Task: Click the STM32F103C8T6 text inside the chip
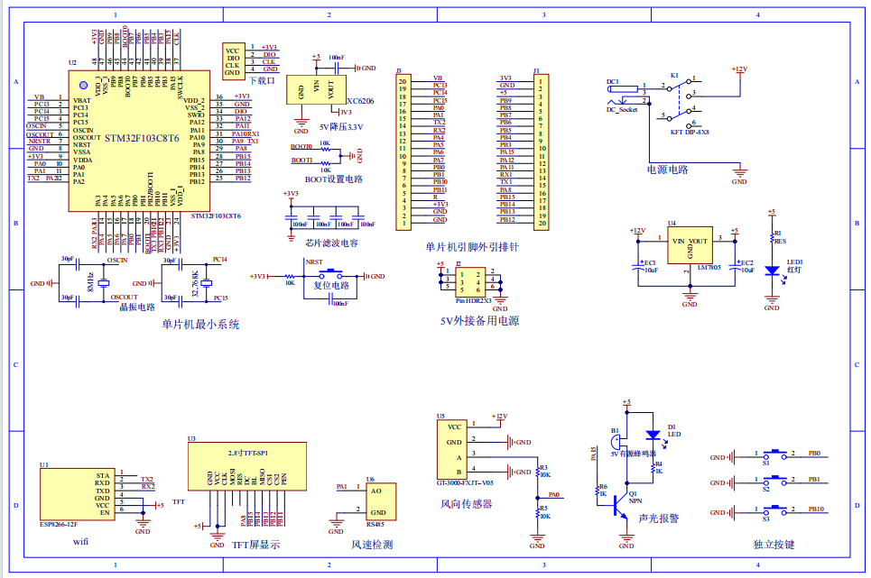142,139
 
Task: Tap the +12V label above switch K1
739,69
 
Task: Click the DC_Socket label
622,109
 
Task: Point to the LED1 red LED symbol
771,270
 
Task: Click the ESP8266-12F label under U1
58,523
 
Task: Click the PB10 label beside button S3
816,509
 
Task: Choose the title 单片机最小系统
200,324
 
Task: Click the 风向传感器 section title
467,504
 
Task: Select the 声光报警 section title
658,518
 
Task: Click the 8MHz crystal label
88,281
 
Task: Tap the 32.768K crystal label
195,283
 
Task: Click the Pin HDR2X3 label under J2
473,299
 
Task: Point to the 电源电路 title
667,169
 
